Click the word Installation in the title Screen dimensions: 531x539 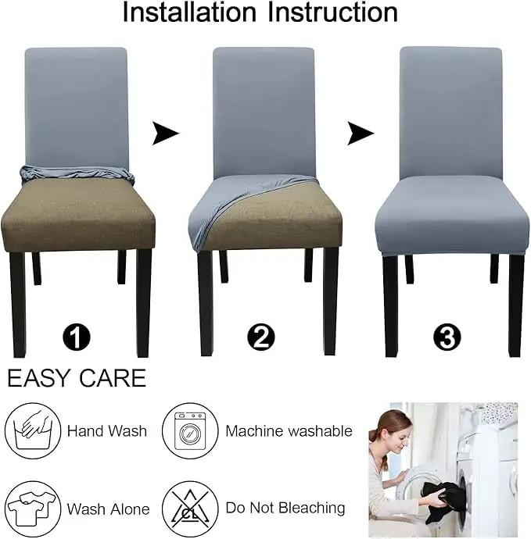189,12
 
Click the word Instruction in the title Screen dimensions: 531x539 332,12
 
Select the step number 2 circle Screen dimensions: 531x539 261,337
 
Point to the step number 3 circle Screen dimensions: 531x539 447,337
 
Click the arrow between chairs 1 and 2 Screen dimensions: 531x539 165,133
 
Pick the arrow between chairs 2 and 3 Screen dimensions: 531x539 360,133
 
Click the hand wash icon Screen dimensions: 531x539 33,430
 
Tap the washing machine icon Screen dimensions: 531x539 190,430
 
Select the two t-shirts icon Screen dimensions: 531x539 33,509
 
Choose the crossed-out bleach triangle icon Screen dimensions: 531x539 190,509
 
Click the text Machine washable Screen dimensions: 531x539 289,431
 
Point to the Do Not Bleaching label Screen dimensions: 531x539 285,508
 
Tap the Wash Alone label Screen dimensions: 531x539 109,509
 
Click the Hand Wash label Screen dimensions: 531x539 107,431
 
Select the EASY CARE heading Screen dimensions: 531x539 77,378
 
